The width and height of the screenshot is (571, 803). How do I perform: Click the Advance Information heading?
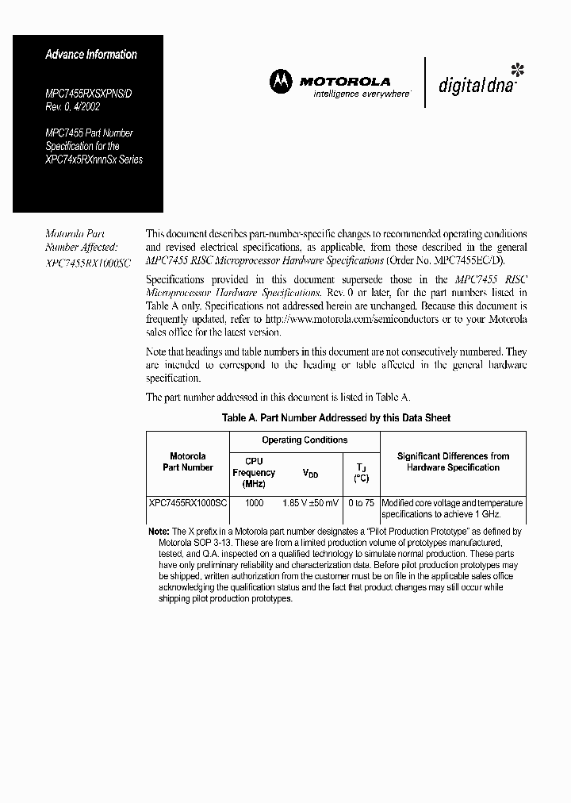(x=91, y=55)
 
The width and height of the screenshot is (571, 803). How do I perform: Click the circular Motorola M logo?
(x=280, y=81)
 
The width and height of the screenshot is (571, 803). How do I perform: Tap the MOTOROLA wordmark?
(x=344, y=81)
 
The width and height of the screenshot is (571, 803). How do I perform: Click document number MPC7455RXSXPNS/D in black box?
(x=94, y=94)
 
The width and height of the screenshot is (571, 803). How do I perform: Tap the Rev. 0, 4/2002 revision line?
(x=77, y=106)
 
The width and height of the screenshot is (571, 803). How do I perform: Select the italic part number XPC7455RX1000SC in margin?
(x=88, y=262)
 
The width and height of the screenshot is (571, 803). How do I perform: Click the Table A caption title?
(x=336, y=417)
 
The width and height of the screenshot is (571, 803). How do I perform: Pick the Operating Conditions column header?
(x=305, y=440)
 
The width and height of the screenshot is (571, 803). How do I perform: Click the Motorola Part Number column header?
(x=188, y=462)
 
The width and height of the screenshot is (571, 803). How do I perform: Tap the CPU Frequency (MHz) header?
(x=254, y=472)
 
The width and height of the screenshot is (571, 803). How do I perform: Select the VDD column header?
(x=311, y=473)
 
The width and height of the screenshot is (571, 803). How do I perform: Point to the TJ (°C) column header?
(x=361, y=472)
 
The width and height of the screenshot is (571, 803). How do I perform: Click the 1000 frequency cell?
(x=254, y=503)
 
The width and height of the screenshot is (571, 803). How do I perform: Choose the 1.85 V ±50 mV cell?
(x=311, y=503)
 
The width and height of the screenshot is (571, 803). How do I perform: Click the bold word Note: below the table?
(x=159, y=531)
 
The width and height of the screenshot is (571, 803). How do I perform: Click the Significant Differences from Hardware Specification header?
(x=453, y=462)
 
